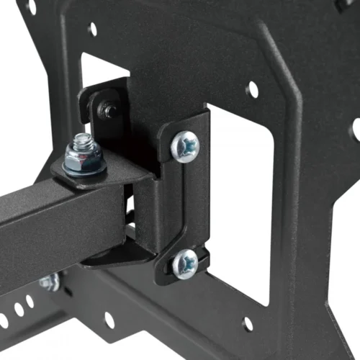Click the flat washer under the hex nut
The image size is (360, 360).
click(x=84, y=168)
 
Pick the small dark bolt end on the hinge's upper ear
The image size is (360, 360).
click(x=109, y=110)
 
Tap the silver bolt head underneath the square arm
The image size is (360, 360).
click(x=49, y=282)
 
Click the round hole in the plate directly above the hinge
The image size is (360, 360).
click(x=92, y=30)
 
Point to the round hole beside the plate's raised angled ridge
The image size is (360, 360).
click(x=252, y=89)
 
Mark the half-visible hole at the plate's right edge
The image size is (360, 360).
click(x=356, y=130)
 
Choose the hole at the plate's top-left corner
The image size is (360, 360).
click(x=31, y=7)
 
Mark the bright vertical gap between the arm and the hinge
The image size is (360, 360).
click(x=130, y=209)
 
